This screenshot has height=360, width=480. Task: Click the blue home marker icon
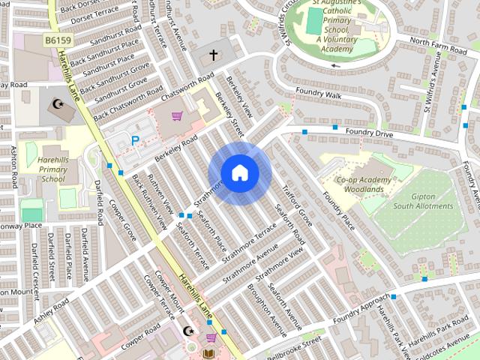(239, 173)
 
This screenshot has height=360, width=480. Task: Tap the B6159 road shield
(56, 38)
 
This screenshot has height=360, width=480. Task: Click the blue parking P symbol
(135, 140)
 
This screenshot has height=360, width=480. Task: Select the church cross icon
(213, 55)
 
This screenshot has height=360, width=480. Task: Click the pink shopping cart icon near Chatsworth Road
(177, 116)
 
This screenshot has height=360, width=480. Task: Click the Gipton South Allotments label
(423, 200)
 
